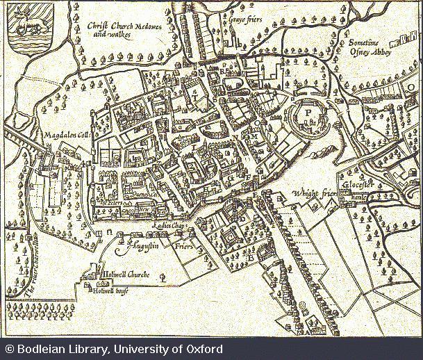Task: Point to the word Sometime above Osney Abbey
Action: [x=365, y=42]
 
